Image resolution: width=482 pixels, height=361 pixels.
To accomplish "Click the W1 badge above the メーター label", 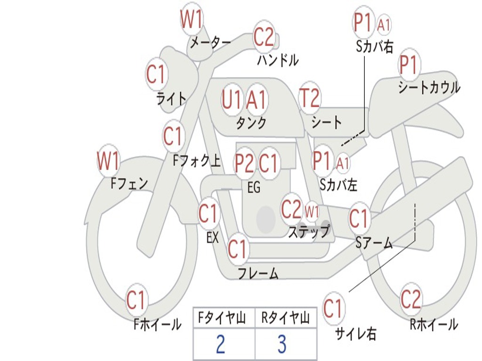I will click(192, 20).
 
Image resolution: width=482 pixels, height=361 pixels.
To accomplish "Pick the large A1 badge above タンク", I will click(257, 100).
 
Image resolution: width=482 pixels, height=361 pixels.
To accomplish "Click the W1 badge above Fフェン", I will click(108, 161).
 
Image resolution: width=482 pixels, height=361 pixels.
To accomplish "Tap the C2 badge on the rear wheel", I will click(411, 299).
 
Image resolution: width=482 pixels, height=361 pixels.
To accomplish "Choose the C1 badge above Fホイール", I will click(137, 300).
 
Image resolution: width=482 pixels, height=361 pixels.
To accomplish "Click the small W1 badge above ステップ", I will click(312, 211).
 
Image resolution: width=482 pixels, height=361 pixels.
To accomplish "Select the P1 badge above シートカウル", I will click(409, 66).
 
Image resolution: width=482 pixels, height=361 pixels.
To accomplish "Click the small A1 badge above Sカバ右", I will click(384, 25).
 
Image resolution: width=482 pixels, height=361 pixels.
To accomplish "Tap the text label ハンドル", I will click(278, 60).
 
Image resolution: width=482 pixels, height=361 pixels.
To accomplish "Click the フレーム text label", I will click(258, 273).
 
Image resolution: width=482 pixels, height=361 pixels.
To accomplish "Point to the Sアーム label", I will click(374, 243).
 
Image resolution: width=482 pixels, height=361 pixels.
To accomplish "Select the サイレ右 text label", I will click(355, 334).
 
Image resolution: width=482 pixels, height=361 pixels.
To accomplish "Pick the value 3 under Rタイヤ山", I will click(282, 345).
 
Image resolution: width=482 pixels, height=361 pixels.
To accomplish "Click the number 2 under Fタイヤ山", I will click(220, 345).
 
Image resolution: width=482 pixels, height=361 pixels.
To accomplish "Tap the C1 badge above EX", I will click(208, 214).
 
